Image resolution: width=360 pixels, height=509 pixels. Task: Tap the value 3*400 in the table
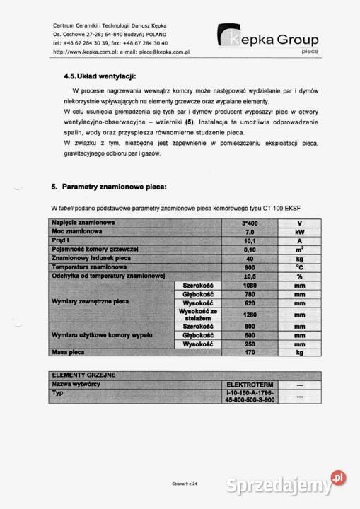click(250, 223)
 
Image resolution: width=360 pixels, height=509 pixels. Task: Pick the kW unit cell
click(299, 232)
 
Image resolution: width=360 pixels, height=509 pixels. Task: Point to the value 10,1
click(250, 240)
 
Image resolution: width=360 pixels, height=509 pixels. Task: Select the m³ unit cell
click(299, 250)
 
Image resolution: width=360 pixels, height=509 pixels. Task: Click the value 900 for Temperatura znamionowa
click(250, 267)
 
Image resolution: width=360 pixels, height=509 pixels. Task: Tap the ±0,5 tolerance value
click(250, 276)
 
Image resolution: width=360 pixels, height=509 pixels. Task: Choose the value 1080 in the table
click(250, 285)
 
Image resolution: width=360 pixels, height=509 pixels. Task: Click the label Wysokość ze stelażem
click(197, 315)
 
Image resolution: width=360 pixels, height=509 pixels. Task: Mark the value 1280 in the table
click(250, 315)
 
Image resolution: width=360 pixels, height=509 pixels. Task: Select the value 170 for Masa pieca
click(250, 351)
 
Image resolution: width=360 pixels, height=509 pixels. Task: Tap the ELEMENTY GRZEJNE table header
click(83, 374)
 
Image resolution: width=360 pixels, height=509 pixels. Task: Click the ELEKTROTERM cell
click(250, 383)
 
